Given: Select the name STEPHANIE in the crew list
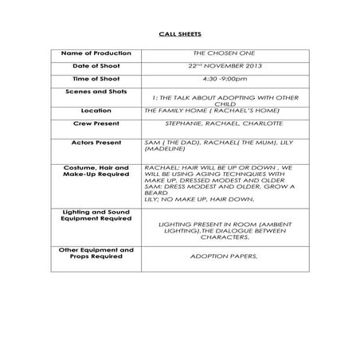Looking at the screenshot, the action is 185,123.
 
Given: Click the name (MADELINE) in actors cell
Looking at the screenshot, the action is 163,148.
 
